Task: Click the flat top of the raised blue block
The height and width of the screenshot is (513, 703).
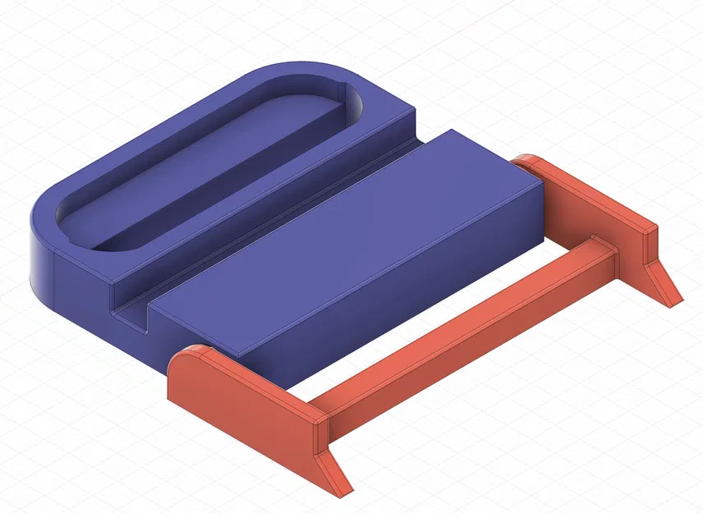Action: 345,238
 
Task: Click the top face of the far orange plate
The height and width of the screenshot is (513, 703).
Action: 591,193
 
